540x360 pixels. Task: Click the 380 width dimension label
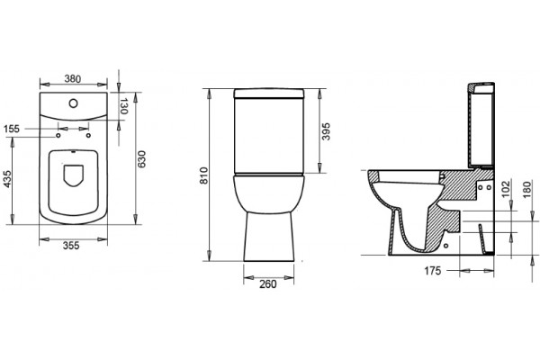tap(73, 79)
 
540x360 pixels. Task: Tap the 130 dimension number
tap(123, 106)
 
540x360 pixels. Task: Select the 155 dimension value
tap(12, 130)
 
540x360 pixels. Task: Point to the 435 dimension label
tap(7, 179)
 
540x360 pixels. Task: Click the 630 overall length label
tap(141, 159)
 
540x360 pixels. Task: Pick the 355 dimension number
tap(71, 246)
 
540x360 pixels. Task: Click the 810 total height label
tap(204, 175)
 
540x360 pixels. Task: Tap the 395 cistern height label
tap(326, 131)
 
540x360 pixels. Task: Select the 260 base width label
tap(268, 284)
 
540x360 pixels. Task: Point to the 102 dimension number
tap(506, 190)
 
